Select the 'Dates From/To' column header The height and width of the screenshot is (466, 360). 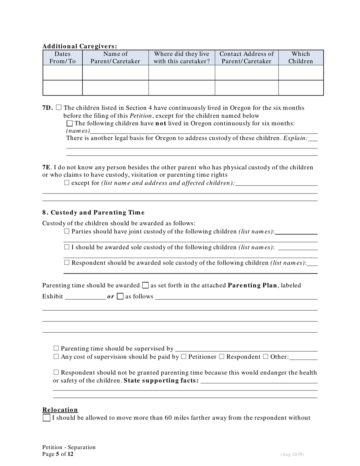(x=63, y=58)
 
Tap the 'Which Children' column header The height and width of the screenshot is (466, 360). (x=301, y=58)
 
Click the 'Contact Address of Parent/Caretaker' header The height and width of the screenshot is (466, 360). (x=246, y=58)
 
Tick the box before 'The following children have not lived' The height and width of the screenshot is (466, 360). (x=69, y=124)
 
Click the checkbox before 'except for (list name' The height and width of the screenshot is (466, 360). (x=67, y=183)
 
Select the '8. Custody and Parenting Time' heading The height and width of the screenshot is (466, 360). (x=93, y=213)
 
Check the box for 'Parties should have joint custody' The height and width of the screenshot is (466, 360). (x=67, y=231)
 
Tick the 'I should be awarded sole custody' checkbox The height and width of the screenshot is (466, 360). (x=67, y=247)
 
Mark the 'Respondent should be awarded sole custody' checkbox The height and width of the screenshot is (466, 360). (x=67, y=263)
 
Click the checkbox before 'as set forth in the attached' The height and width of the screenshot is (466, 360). (x=146, y=285)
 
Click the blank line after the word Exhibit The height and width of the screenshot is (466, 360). (x=85, y=297)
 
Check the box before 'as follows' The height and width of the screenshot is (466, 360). (x=120, y=297)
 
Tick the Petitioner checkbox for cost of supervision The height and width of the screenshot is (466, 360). (x=183, y=357)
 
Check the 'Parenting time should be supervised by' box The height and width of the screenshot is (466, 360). (x=56, y=349)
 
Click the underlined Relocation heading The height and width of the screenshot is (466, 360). (x=60, y=410)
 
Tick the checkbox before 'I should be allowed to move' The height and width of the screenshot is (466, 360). (x=47, y=418)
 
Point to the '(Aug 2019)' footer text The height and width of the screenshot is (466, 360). (x=292, y=454)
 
